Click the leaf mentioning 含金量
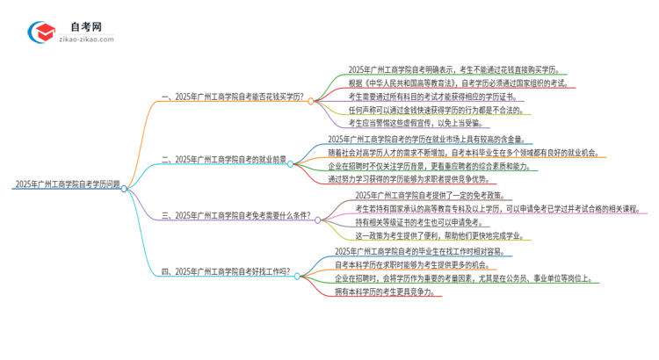[x=416, y=139]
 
